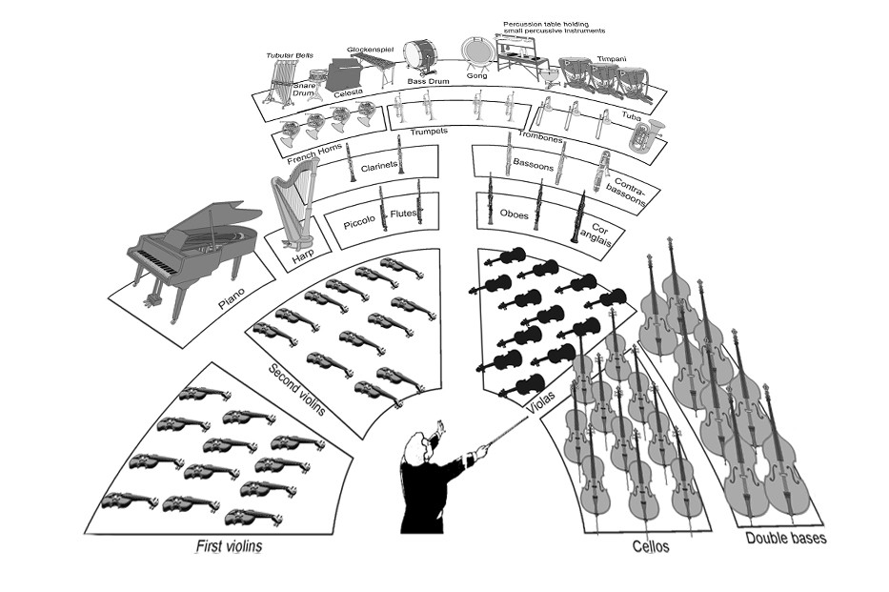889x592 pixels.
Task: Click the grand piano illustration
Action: click(x=191, y=253)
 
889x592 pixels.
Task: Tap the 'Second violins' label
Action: click(x=295, y=390)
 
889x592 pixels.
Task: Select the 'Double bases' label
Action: click(x=785, y=539)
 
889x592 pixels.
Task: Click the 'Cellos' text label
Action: click(x=651, y=546)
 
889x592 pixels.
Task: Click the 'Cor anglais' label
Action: click(x=607, y=235)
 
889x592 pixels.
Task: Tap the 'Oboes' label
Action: click(x=514, y=214)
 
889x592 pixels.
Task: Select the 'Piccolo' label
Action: click(x=360, y=225)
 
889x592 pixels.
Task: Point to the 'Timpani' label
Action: click(x=612, y=59)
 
